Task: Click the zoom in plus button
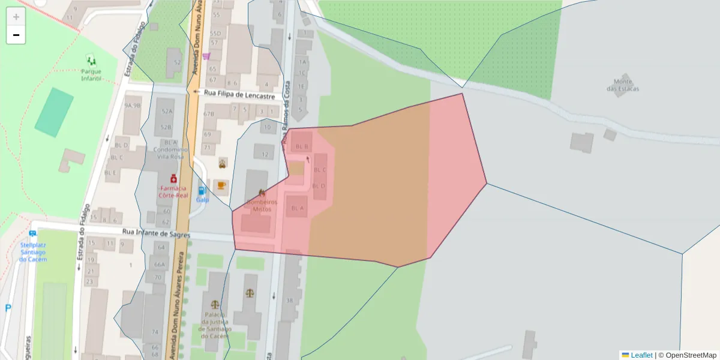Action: click(x=16, y=17)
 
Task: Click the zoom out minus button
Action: click(x=16, y=35)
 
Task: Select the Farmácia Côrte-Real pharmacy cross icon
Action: click(x=173, y=179)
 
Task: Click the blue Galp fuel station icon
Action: click(x=202, y=191)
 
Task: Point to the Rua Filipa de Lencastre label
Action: click(x=239, y=94)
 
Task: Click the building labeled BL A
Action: click(x=297, y=208)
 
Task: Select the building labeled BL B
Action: click(x=301, y=146)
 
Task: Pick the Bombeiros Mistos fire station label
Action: click(x=262, y=205)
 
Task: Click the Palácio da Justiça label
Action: click(x=215, y=325)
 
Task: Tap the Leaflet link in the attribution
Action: click(x=641, y=355)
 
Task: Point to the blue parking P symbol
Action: click(x=8, y=308)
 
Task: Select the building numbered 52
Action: click(x=176, y=62)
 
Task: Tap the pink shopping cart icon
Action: click(x=206, y=56)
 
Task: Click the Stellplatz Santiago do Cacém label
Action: click(x=32, y=251)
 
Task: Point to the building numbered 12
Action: click(x=265, y=155)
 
